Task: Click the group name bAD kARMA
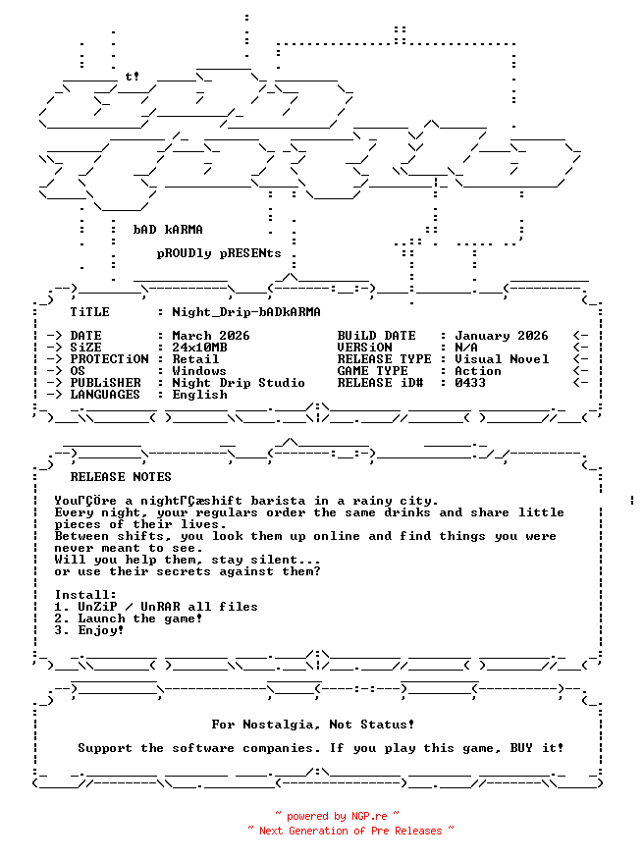168,230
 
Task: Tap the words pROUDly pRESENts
219,253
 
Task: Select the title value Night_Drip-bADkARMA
246,312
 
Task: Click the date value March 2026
211,336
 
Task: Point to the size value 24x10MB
199,348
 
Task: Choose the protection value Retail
195,359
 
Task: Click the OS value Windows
199,371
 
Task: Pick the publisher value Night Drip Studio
239,383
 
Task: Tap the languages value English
199,395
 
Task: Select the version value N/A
466,348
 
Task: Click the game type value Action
478,371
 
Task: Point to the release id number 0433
470,383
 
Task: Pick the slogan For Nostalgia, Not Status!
313,725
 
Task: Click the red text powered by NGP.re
337,816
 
